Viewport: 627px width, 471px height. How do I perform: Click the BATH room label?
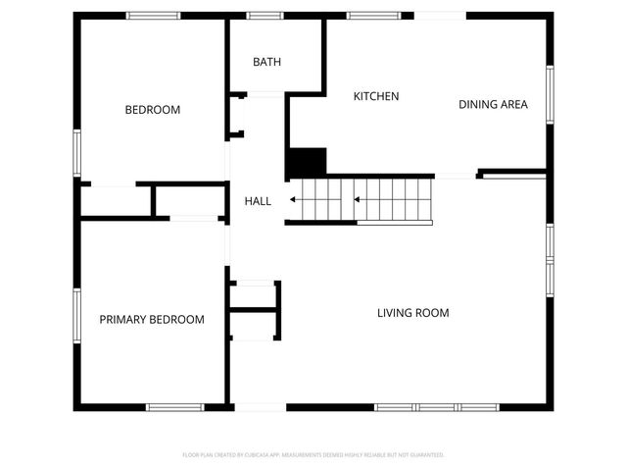tap(266, 62)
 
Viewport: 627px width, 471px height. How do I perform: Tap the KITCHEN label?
tap(376, 96)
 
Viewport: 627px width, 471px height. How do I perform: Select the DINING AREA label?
tap(494, 104)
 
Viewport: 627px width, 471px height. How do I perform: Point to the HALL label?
tap(258, 201)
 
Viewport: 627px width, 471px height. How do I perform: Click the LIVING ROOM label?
tap(413, 313)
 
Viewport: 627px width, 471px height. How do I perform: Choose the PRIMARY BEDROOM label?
tap(152, 320)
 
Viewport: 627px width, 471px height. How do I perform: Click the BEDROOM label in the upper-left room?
tap(152, 110)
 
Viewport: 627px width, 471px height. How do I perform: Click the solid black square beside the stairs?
tap(306, 163)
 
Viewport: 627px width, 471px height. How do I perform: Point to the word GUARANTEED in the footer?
tap(425, 455)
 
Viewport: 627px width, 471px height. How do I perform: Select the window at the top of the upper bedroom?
tap(153, 16)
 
